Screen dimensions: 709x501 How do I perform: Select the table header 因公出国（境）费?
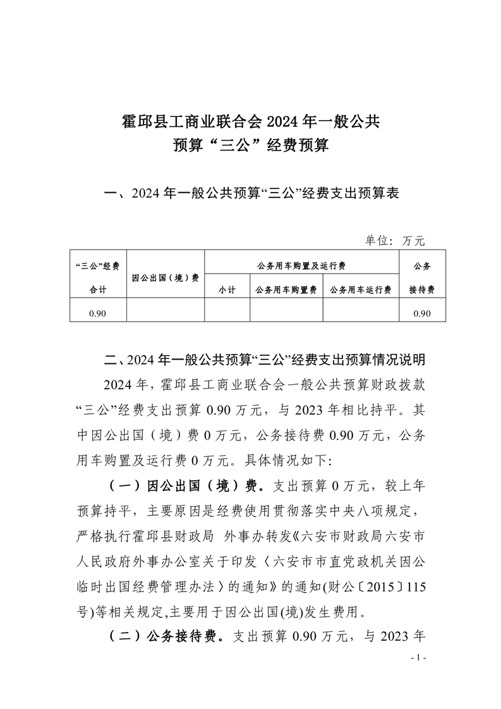pos(165,277)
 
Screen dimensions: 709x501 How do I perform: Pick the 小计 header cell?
pos(227,289)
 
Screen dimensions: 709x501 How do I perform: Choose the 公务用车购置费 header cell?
pos(286,289)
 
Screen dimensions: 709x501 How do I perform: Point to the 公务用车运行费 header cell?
pos(360,289)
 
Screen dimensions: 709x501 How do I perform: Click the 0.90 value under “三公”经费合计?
pos(97,313)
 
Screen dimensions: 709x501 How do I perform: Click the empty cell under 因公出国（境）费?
pos(165,313)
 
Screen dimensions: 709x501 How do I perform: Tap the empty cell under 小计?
pos(227,313)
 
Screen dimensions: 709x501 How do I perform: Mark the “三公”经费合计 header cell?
pos(97,277)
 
